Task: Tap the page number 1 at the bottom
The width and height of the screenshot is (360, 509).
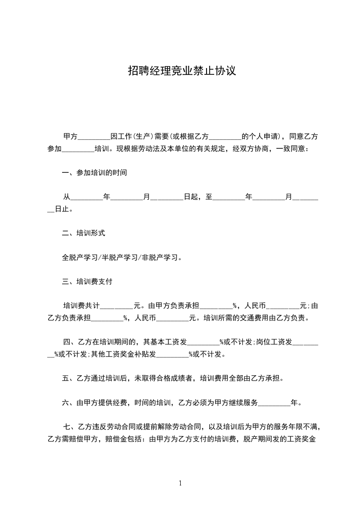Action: (180, 483)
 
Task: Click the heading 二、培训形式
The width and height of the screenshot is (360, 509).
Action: (84, 233)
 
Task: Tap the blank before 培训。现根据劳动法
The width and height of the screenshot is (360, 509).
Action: (78, 149)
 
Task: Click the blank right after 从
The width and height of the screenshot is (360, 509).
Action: (87, 198)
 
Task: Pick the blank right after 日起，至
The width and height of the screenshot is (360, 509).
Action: (228, 198)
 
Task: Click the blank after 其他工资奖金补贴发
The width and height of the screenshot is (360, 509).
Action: (172, 354)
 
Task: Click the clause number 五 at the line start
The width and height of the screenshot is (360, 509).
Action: (65, 378)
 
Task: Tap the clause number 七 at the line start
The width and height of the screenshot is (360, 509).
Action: (67, 426)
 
